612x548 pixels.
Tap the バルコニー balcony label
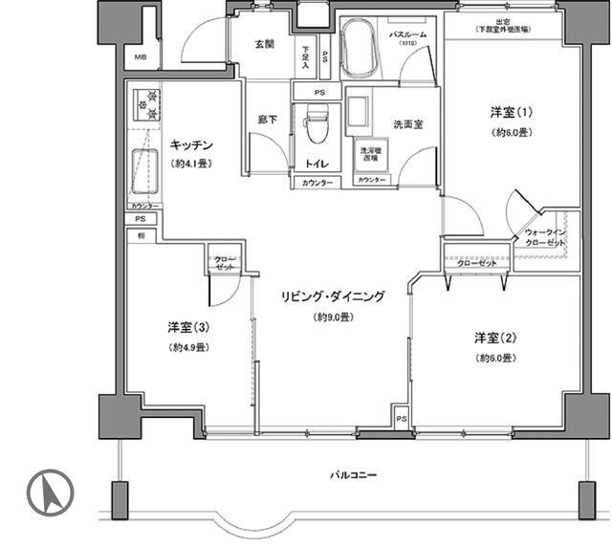point(353,473)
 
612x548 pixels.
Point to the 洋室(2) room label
point(496,338)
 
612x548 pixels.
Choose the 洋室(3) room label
point(188,327)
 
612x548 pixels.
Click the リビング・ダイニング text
point(332,297)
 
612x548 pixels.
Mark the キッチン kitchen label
point(191,145)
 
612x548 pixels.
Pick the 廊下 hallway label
point(268,120)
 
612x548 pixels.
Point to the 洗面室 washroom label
point(408,124)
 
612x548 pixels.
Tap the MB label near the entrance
point(141,58)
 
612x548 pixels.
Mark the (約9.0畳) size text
point(332,317)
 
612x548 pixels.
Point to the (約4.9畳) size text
point(188,346)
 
